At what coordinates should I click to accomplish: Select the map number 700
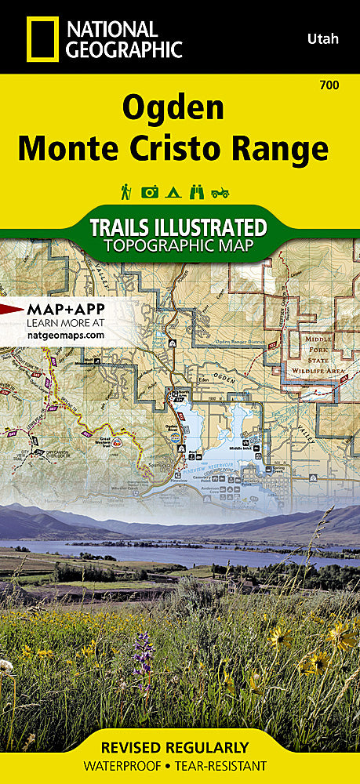pos(329,85)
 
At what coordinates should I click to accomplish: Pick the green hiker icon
pos(125,191)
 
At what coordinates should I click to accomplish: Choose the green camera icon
pos(150,191)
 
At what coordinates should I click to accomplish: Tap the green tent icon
pos(173,191)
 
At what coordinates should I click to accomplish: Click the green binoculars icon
pos(198,191)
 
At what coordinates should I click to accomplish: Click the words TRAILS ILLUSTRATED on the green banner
pos(178,227)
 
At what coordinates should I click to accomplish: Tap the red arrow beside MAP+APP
pos(12,308)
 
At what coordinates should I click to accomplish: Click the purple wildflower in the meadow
pos(142,655)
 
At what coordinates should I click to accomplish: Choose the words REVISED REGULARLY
pos(180,747)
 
